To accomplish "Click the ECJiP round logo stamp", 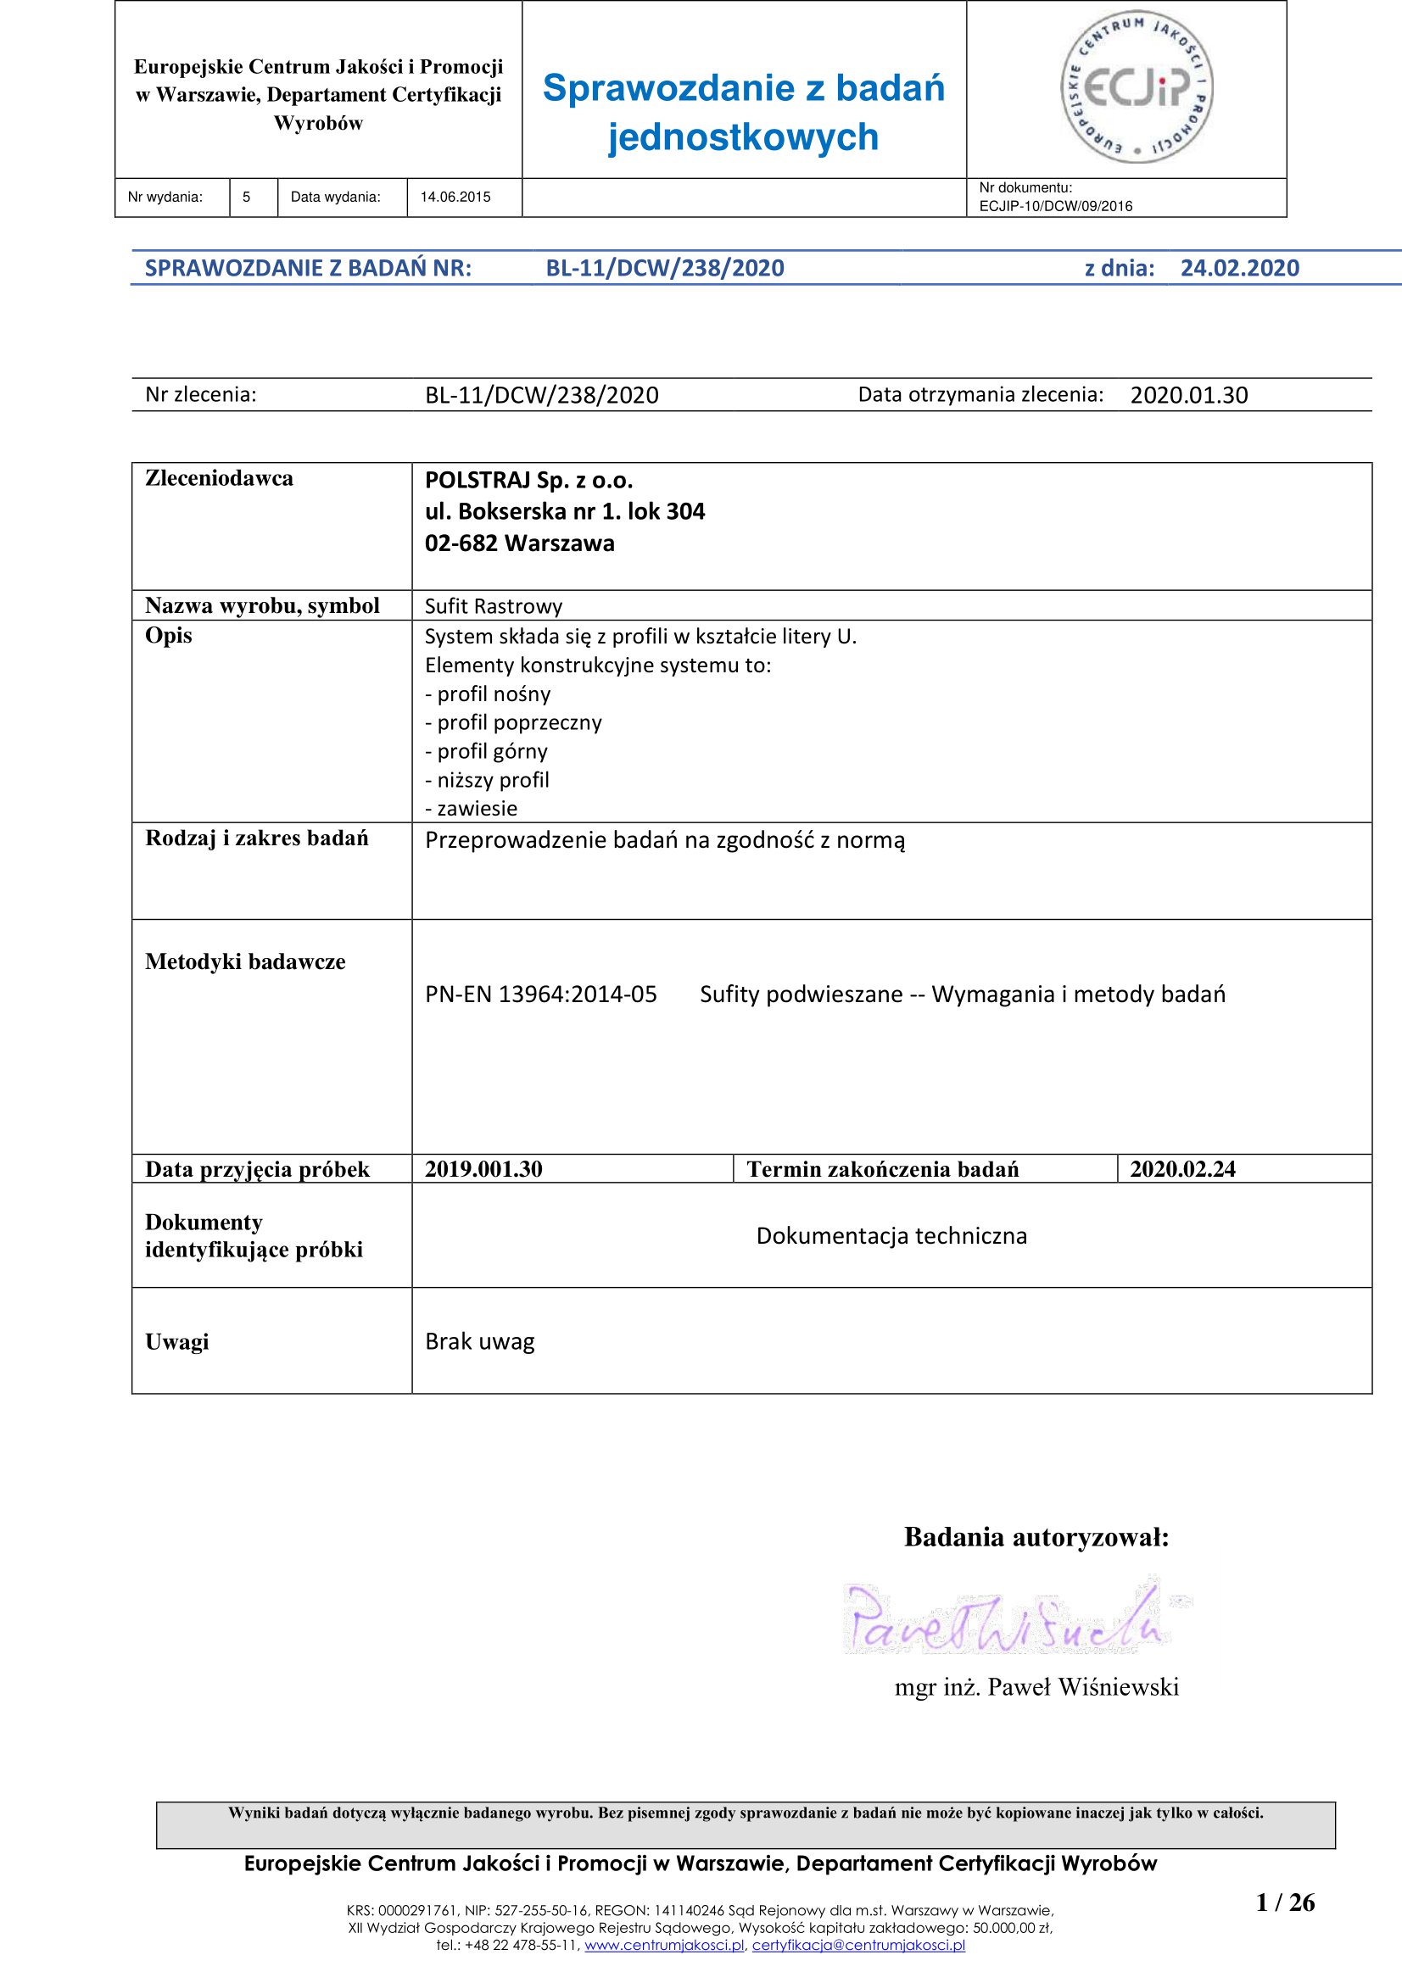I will [x=1136, y=88].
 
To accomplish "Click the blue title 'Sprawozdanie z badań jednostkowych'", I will [x=743, y=112].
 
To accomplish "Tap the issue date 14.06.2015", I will [x=455, y=197].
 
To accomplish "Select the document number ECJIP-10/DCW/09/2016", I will [x=1056, y=206].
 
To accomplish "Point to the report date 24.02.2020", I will [x=1240, y=268].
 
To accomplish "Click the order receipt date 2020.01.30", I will [x=1188, y=396].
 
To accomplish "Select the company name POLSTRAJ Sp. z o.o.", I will [x=528, y=480].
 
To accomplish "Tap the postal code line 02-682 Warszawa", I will [x=519, y=543].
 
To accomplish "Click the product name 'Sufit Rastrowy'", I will [x=494, y=606].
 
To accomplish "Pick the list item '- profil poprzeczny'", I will [x=513, y=722].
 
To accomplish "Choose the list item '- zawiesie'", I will [x=471, y=809].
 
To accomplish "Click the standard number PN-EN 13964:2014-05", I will [x=541, y=994].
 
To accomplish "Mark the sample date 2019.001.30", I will [x=483, y=1168].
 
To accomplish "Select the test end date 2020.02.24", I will [x=1182, y=1168].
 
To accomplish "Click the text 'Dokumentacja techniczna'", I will [x=891, y=1236].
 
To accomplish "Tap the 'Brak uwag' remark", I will [x=479, y=1341].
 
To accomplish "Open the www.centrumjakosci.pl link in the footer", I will [x=664, y=1945].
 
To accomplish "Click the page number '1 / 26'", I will [x=1286, y=1902].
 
